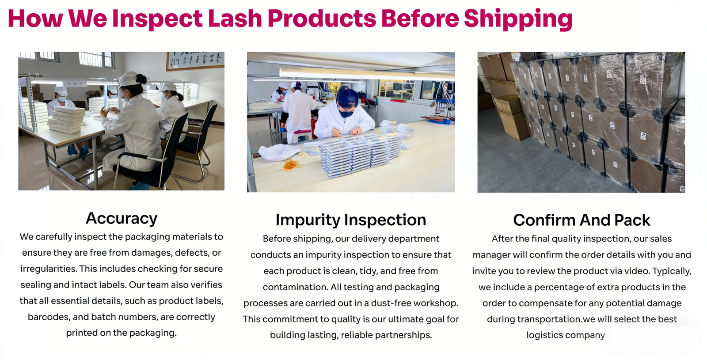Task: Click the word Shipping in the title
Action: pos(518,19)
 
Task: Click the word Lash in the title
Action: pos(235,18)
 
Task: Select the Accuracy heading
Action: pos(122,218)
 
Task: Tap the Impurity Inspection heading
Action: pos(351,220)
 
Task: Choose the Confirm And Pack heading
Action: pos(582,220)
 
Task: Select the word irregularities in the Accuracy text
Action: pos(48,269)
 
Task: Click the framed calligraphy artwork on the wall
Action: pos(195,61)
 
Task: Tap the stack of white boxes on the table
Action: pos(66,119)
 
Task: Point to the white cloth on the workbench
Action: pos(278,152)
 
